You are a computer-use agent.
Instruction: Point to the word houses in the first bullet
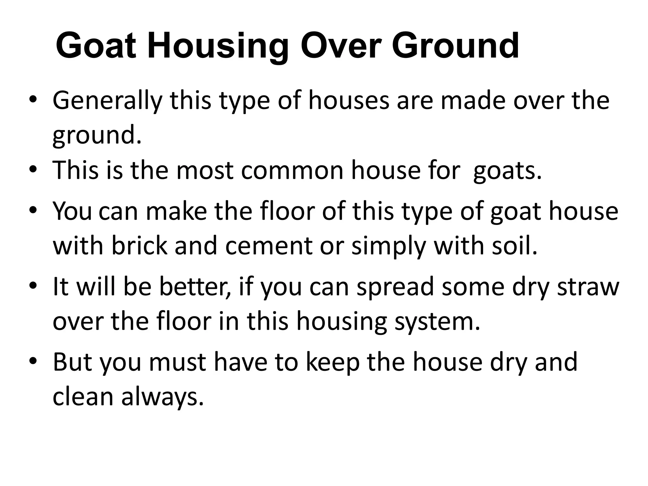[x=349, y=101]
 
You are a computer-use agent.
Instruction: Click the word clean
[x=83, y=397]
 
